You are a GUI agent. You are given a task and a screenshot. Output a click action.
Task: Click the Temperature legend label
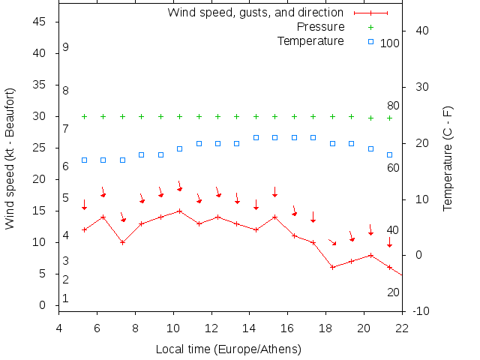pyautogui.click(x=310, y=41)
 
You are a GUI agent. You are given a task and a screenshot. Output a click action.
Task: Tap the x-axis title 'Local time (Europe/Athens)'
pyautogui.click(x=228, y=349)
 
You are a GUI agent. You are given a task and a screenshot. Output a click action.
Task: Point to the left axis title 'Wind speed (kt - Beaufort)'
pyautogui.click(x=10, y=157)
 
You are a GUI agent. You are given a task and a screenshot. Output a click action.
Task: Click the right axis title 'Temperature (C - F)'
pyautogui.click(x=448, y=157)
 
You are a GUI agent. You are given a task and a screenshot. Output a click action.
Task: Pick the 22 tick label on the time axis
pyautogui.click(x=402, y=327)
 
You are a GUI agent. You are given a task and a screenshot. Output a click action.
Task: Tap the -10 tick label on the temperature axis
pyautogui.click(x=421, y=311)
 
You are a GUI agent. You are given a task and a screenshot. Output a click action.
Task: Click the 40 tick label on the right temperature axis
pyautogui.click(x=419, y=31)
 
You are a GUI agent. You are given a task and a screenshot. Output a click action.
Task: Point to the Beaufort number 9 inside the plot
pyautogui.click(x=66, y=47)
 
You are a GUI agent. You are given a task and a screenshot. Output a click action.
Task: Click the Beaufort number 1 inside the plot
pyautogui.click(x=66, y=298)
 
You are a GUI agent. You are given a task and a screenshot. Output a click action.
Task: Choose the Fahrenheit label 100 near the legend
pyautogui.click(x=389, y=43)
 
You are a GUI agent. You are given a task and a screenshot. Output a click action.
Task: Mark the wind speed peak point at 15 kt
pyautogui.click(x=179, y=211)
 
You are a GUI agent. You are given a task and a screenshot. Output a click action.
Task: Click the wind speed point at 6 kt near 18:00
pyautogui.click(x=332, y=267)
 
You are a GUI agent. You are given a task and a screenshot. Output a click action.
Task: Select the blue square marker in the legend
pyautogui.click(x=370, y=41)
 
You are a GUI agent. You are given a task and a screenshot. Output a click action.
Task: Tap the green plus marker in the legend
pyautogui.click(x=370, y=27)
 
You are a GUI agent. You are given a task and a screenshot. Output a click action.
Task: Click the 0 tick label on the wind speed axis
pyautogui.click(x=43, y=305)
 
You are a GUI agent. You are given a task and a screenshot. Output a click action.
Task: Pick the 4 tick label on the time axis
pyautogui.click(x=59, y=327)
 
